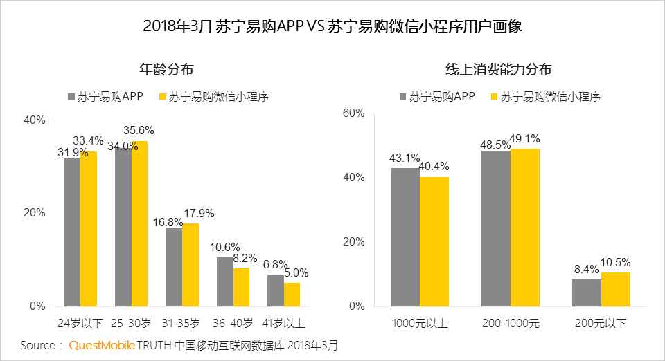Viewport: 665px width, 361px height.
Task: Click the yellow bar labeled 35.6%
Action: point(139,223)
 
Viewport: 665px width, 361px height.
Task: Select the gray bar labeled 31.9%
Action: point(72,232)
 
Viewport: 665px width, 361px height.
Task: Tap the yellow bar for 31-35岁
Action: point(190,265)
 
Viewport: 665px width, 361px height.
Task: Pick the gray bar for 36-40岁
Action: point(224,281)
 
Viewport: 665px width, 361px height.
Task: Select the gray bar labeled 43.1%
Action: point(405,237)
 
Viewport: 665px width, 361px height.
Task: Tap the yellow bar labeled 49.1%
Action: point(524,228)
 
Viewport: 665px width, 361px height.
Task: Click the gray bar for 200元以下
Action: point(586,293)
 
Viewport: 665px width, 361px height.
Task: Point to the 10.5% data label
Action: point(616,263)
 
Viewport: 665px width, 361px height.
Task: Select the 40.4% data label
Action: point(434,167)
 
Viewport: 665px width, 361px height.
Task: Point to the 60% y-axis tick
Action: point(353,113)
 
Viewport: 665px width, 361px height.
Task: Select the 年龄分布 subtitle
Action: point(166,70)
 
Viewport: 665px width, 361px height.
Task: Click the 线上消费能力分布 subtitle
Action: point(498,70)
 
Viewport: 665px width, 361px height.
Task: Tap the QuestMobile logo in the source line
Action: point(102,345)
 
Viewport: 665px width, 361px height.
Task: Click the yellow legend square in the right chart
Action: point(495,98)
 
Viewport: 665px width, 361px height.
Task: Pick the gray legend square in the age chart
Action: point(71,98)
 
